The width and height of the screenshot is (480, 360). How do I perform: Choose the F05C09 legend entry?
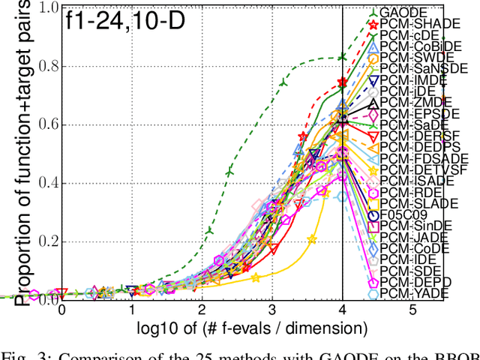coord(405,214)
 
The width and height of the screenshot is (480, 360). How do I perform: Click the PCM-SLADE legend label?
coord(413,203)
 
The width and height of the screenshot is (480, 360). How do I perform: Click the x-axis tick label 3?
coord(272,310)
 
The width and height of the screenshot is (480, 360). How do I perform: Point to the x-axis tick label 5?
coord(413,310)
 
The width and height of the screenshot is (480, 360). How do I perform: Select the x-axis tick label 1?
coord(132,310)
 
